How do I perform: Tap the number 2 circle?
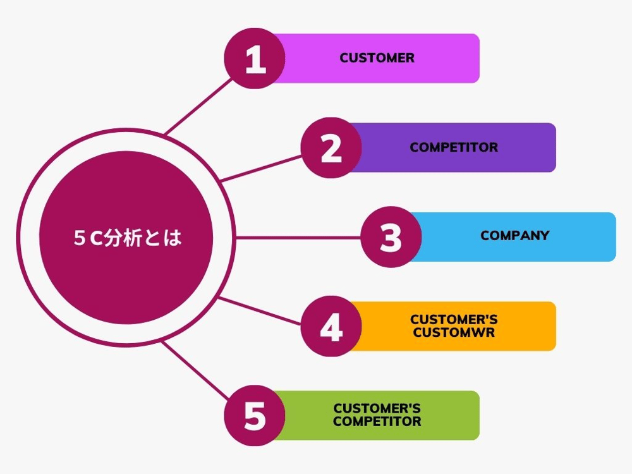(x=331, y=148)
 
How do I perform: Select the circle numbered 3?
(x=391, y=237)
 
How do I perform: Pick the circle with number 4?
(x=331, y=327)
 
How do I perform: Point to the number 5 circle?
(x=255, y=416)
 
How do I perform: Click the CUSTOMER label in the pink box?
(x=377, y=58)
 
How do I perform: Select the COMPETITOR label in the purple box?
(x=453, y=147)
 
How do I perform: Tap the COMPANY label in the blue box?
(x=514, y=236)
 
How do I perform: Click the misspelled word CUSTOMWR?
(x=453, y=332)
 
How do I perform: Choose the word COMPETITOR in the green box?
(x=377, y=422)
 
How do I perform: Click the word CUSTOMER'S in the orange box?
(x=453, y=320)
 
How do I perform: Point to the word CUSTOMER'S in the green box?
(x=377, y=409)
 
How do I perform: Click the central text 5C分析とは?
(x=126, y=238)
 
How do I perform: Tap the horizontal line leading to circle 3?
(x=297, y=238)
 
